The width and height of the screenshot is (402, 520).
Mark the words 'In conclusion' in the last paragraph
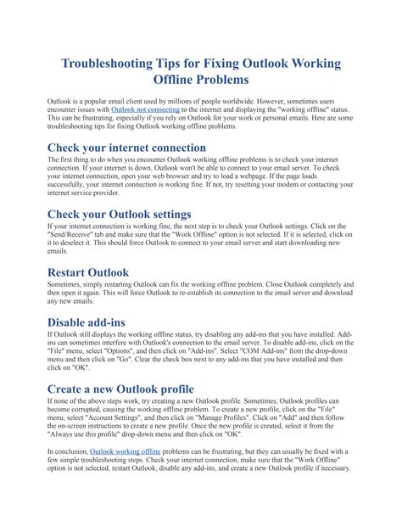tap(67, 453)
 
